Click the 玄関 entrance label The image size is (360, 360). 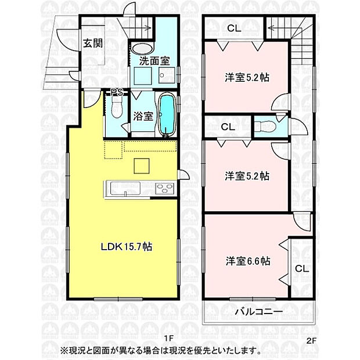92,44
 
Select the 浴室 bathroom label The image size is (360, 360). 143,115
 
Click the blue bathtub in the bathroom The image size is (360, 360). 167,115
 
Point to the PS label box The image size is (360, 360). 117,92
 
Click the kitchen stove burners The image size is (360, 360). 164,188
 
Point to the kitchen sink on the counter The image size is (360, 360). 121,188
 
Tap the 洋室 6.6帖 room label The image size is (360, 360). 248,261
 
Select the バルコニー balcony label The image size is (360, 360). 258,312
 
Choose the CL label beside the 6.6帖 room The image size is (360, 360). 301,268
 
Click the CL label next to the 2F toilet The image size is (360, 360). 227,126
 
